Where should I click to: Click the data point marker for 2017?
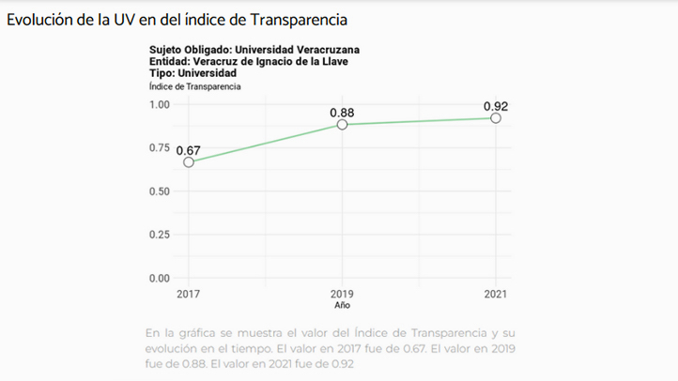[189, 162]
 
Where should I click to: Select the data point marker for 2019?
[342, 125]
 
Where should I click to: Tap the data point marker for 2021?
[495, 118]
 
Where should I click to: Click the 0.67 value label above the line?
[189, 150]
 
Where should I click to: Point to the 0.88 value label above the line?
[342, 113]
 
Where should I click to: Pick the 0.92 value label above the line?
[495, 106]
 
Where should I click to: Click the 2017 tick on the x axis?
[189, 294]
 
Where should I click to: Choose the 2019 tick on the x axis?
[342, 294]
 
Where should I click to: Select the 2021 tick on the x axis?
[495, 294]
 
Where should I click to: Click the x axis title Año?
[342, 305]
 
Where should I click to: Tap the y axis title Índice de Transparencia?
[194, 86]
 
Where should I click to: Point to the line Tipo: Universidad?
[193, 73]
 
